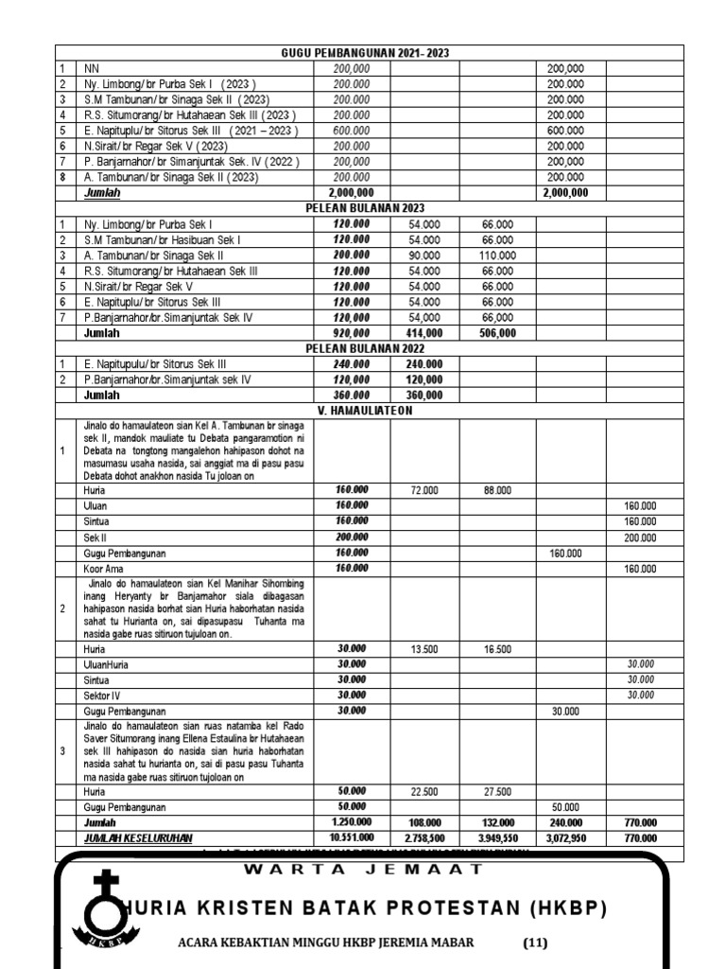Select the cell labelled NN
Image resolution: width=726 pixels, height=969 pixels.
tap(92, 68)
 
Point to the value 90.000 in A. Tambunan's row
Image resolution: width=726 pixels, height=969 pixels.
tap(424, 255)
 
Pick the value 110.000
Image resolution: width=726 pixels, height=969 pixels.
tap(497, 255)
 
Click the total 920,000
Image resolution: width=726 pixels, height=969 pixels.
tap(351, 333)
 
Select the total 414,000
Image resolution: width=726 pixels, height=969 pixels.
tap(424, 333)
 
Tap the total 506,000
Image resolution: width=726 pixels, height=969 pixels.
tap(497, 333)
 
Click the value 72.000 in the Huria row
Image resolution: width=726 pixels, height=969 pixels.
tap(424, 490)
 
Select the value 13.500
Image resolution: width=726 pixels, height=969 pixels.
tap(424, 649)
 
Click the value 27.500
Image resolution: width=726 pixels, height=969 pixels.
tap(497, 791)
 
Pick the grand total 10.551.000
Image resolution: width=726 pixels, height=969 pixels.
tap(351, 837)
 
